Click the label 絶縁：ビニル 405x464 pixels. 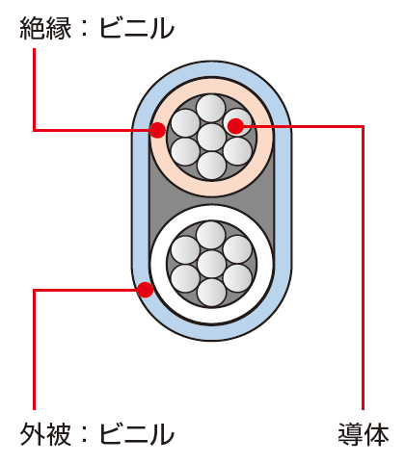point(96,28)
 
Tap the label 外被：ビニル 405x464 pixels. point(96,434)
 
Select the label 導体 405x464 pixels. point(364,434)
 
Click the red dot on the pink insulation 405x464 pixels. point(157,130)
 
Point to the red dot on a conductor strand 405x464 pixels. point(236,126)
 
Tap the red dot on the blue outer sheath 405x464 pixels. point(145,290)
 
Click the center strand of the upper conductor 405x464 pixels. point(211,138)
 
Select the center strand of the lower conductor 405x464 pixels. point(211,265)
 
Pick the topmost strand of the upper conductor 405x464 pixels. point(211,109)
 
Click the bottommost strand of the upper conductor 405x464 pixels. point(211,166)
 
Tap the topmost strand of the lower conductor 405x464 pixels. point(211,236)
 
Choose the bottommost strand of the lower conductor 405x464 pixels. point(211,293)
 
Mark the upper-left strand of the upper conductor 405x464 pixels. point(185,123)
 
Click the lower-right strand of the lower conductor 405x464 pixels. point(237,278)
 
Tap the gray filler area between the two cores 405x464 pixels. point(211,200)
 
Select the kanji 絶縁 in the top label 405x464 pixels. point(45,28)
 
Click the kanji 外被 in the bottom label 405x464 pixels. point(45,434)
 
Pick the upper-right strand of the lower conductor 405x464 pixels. point(237,249)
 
